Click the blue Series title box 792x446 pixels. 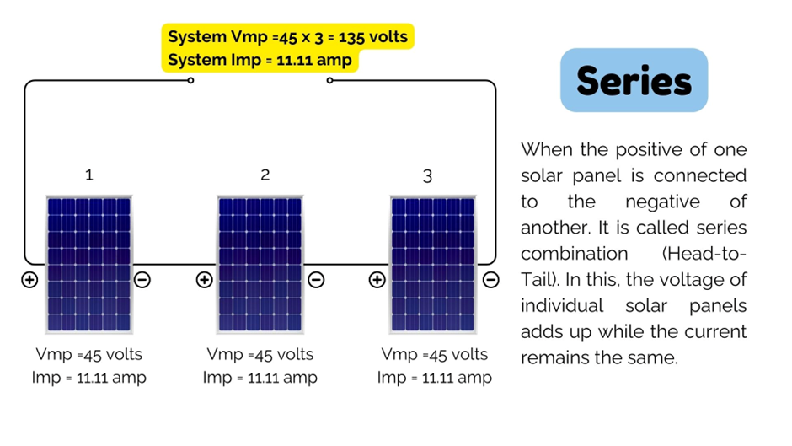click(x=634, y=81)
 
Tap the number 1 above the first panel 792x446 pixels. click(x=89, y=175)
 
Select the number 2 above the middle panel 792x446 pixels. click(x=265, y=175)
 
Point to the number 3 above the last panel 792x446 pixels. click(x=428, y=176)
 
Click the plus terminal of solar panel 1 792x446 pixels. click(x=29, y=280)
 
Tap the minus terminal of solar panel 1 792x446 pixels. click(x=142, y=280)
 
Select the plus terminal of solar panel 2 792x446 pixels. click(x=204, y=280)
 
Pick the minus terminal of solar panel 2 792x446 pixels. click(x=316, y=280)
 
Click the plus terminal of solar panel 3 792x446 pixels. click(x=377, y=280)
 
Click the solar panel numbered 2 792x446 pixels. click(x=260, y=264)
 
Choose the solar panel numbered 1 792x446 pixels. click(x=88, y=264)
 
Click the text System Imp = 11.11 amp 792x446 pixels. click(x=260, y=60)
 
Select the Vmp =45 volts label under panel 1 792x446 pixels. click(x=89, y=353)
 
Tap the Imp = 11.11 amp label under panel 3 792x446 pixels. click(x=434, y=377)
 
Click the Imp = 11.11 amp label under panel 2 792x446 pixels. click(x=260, y=377)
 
